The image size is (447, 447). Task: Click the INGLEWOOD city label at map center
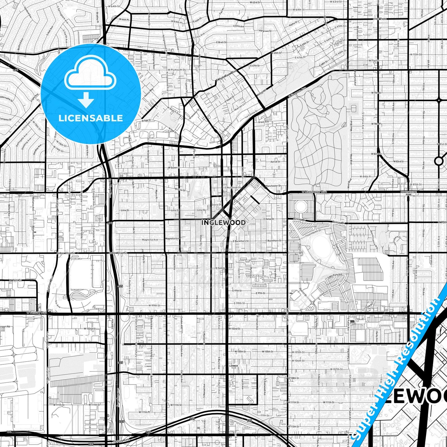coord(223,222)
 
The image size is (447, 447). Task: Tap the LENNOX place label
coord(234,366)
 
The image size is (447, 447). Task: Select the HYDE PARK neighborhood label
coord(380,19)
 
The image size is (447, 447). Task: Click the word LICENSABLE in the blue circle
coord(91,118)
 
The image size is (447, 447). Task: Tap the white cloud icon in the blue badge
coord(90,74)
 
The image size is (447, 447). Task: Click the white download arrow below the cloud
coord(86,100)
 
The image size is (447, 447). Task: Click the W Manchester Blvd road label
coord(312,192)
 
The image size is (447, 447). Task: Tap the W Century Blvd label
coord(37,312)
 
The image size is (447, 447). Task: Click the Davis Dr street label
coord(217,205)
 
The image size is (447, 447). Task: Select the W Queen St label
coord(174,167)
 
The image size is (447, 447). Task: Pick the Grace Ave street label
coord(264,122)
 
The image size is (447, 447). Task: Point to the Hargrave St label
coord(265,31)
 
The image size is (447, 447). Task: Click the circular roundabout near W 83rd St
coord(439,161)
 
